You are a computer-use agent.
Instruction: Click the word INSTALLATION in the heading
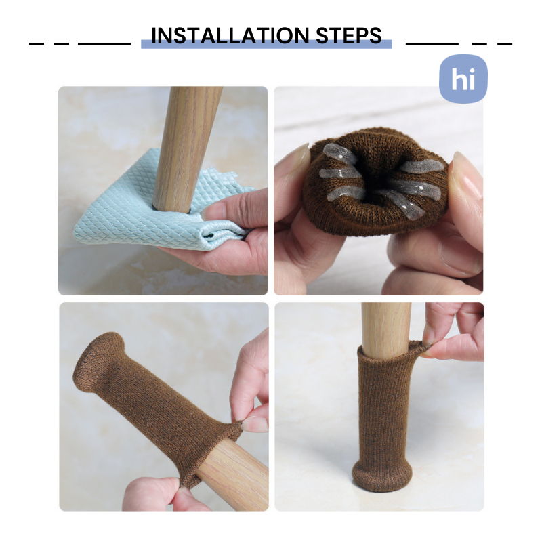click(x=230, y=35)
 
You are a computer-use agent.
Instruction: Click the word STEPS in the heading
click(x=349, y=35)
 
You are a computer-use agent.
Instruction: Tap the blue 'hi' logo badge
click(x=463, y=79)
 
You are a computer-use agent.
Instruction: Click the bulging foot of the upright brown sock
click(x=382, y=476)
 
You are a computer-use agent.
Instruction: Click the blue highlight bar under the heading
click(x=266, y=44)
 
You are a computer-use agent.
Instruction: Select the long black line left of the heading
click(x=104, y=44)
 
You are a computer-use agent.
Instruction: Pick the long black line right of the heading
click(x=432, y=44)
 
